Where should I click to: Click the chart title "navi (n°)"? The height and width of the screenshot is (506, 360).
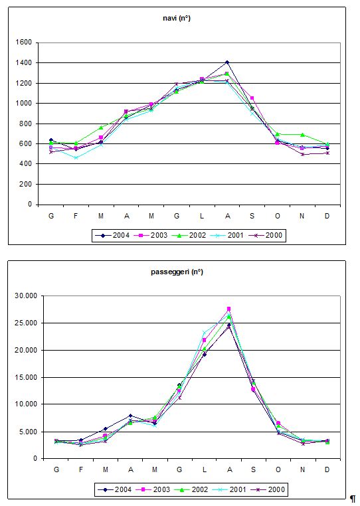177,19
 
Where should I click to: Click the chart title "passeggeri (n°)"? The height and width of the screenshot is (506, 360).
177,272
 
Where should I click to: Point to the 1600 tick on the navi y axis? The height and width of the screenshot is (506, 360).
24,42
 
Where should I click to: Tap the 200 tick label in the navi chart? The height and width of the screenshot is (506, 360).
26,184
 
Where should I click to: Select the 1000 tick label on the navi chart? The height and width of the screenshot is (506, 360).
24,104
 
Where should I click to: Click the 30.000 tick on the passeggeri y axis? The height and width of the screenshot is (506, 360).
26,295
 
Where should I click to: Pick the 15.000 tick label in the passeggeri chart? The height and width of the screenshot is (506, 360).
26,377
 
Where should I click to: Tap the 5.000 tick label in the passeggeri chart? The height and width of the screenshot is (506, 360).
28,432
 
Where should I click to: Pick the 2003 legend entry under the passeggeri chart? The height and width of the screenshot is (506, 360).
152,489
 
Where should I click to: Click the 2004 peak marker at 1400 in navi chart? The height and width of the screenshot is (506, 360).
227,62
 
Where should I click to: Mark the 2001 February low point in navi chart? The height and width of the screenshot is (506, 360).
76,158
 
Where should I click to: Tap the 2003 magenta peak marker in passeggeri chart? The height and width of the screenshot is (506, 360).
228,309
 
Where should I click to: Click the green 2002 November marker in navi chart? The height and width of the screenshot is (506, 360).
302,135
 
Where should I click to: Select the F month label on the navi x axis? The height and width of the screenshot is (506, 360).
76,216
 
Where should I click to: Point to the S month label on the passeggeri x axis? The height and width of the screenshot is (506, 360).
253,469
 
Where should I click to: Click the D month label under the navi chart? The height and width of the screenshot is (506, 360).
327,216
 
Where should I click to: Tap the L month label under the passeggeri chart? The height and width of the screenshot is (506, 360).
205,469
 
